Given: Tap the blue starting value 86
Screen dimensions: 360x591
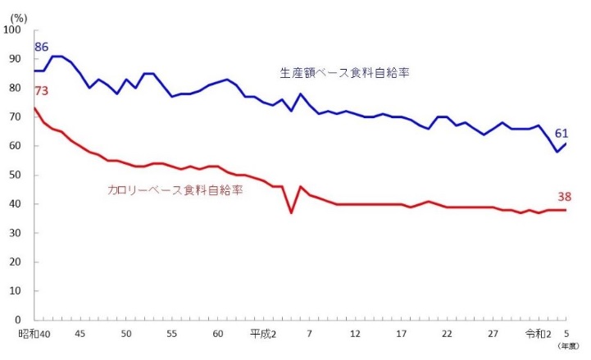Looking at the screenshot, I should (41, 47).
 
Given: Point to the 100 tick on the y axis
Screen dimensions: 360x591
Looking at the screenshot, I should (13, 30).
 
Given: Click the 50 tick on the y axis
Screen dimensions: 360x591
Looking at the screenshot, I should (16, 175).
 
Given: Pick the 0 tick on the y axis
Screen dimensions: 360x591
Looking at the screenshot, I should (20, 320).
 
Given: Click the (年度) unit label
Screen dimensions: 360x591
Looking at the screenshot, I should (567, 347).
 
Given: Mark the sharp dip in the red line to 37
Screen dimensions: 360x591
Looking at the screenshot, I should (291, 212).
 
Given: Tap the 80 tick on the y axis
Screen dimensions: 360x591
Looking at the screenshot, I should (16, 89).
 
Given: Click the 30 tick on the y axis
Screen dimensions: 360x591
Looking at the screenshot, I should (16, 233).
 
